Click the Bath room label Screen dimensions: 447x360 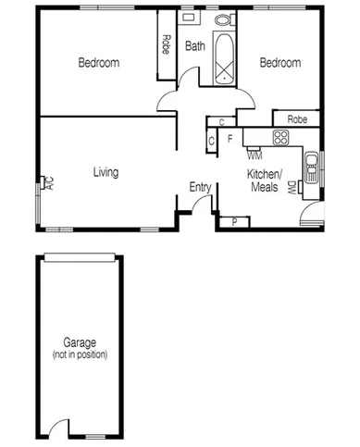tap(194, 46)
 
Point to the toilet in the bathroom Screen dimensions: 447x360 tap(222, 18)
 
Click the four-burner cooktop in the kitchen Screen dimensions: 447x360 tap(279, 137)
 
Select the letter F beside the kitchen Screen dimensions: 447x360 tap(229, 139)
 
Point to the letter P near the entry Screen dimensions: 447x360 tap(234, 221)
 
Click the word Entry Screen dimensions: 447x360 tap(199, 188)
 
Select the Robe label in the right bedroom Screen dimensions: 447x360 tap(296, 119)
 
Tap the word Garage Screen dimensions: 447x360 tap(80, 342)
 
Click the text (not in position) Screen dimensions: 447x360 tap(80, 354)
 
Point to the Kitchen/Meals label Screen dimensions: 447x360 tap(264, 180)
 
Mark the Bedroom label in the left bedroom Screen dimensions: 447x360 tap(98, 63)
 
